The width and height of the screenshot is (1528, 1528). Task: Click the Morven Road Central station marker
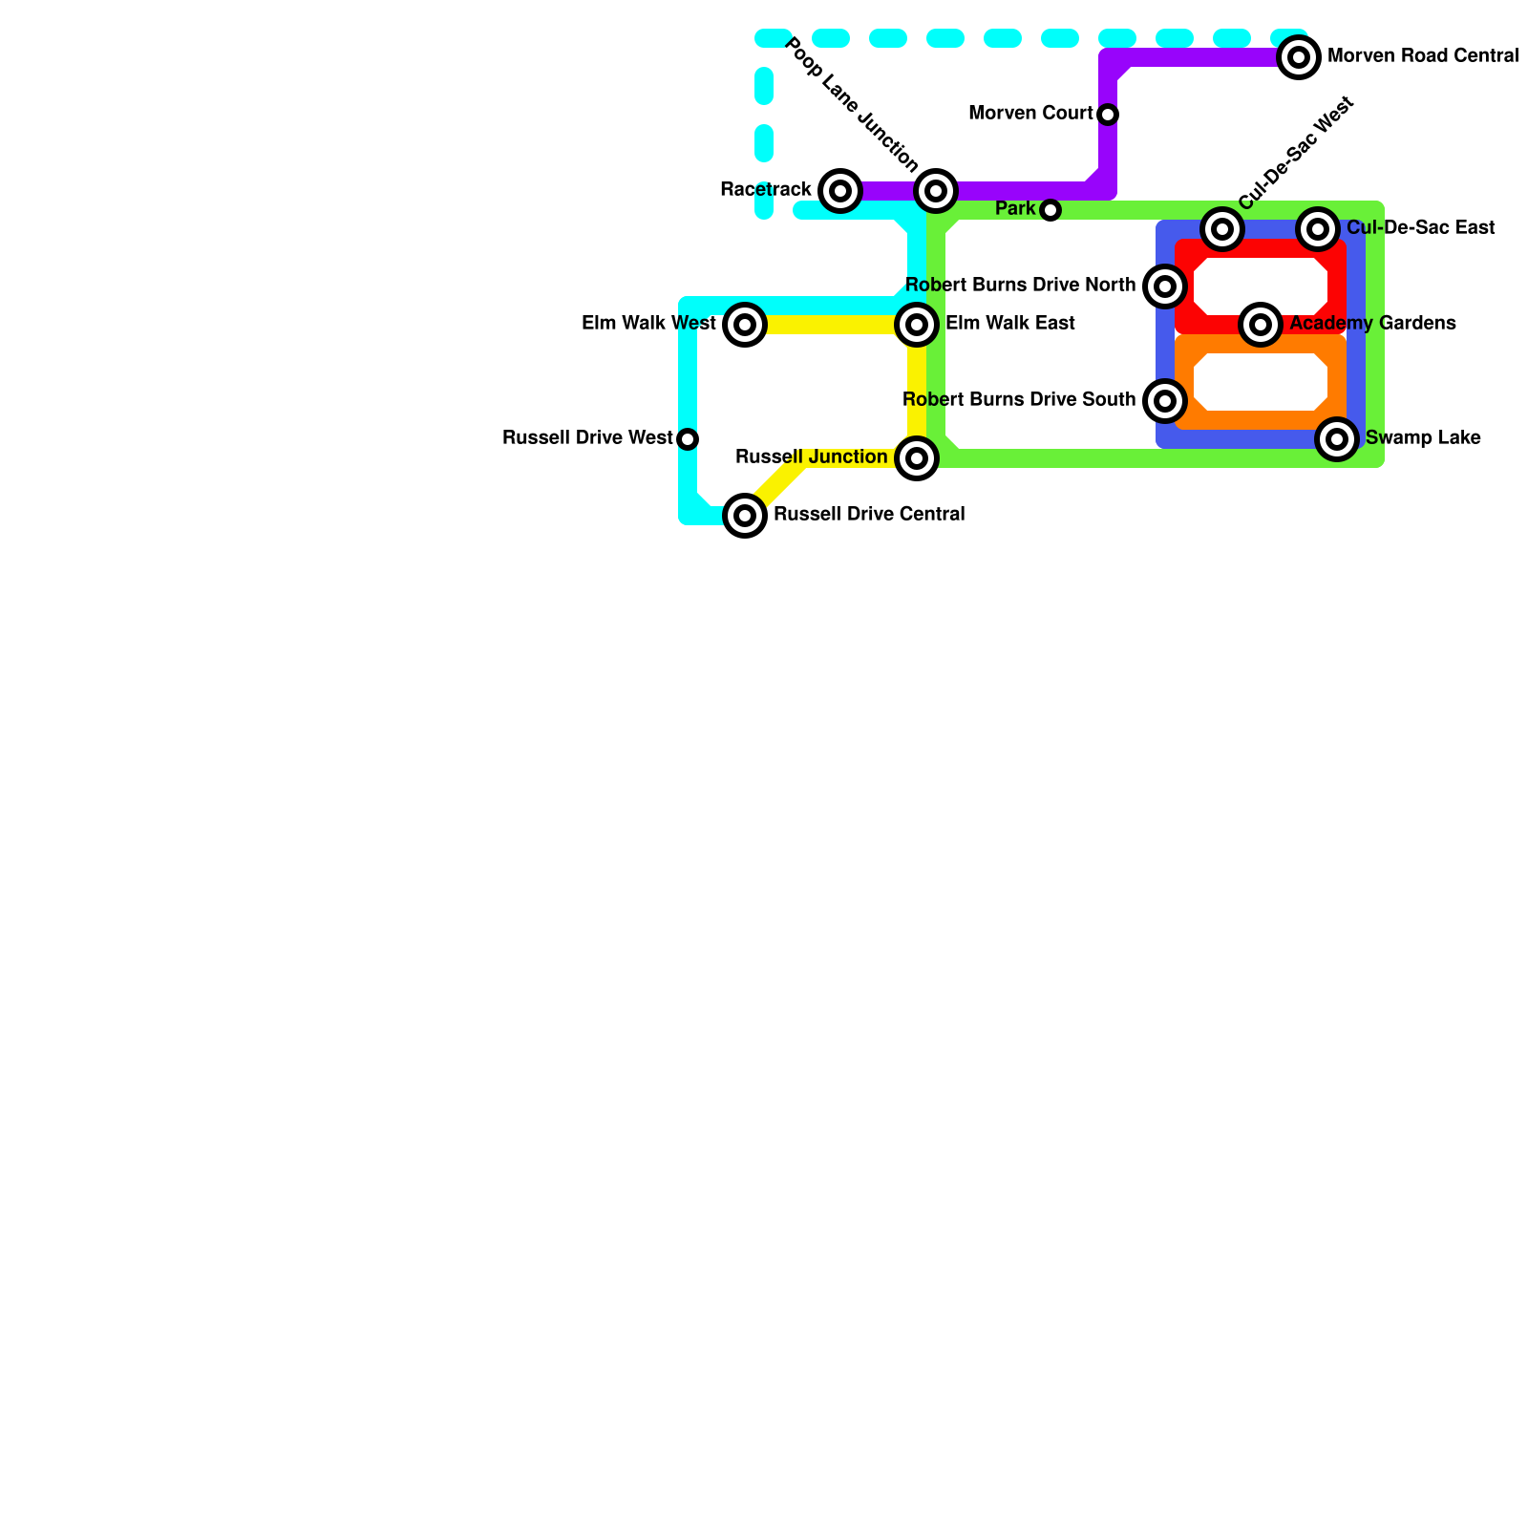point(1299,57)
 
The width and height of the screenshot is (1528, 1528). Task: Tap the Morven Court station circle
point(1108,115)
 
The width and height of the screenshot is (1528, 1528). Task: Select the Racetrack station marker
point(840,191)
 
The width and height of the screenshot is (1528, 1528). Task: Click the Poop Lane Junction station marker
point(936,191)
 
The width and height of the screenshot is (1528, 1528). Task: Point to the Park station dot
point(1050,210)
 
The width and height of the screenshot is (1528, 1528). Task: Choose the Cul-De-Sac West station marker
point(1222,229)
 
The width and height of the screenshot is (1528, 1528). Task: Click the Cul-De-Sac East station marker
point(1318,229)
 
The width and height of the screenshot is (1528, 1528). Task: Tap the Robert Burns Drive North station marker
point(1165,286)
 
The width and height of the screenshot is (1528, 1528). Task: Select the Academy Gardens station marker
point(1261,325)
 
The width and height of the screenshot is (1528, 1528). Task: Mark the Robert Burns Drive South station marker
point(1165,401)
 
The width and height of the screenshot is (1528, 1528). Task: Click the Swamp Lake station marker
point(1337,439)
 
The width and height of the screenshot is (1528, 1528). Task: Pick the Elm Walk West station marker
point(745,325)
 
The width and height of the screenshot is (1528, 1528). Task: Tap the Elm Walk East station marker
point(917,325)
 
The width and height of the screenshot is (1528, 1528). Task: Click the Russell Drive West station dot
point(688,439)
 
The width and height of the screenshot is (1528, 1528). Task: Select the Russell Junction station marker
point(917,458)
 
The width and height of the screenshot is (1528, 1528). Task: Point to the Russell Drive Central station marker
point(745,516)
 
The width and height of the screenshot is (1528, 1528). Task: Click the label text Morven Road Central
point(1422,56)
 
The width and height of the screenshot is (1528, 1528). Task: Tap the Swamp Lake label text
point(1423,438)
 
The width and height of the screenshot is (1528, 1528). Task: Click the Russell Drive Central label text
point(868,515)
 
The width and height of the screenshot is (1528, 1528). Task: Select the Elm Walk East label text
point(1009,324)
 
